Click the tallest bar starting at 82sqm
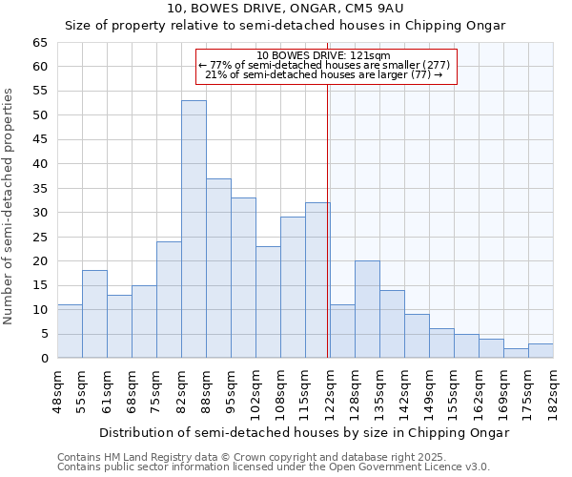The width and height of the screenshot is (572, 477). pos(194,229)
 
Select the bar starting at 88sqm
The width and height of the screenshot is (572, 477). pos(218,268)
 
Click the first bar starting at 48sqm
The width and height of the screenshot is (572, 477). pos(70,331)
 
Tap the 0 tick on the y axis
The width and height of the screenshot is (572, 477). pos(43,359)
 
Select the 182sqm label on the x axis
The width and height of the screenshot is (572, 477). pos(553,391)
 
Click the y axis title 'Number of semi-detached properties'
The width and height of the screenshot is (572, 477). pos(10,206)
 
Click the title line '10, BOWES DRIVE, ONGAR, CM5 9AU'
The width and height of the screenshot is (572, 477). pos(285,9)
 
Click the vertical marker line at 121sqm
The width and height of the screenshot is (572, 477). pos(328,219)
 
